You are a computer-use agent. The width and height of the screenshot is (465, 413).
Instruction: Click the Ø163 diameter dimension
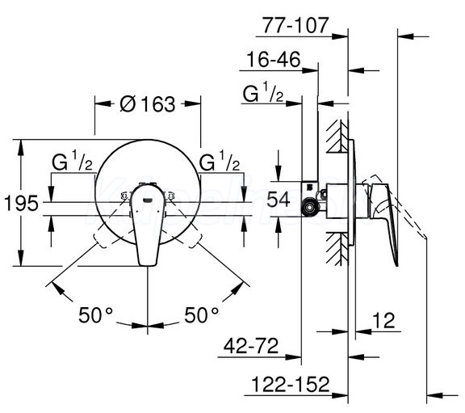click(x=148, y=104)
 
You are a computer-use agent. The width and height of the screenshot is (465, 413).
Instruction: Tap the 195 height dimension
click(x=21, y=204)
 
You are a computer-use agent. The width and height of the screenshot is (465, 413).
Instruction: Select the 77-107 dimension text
click(x=295, y=25)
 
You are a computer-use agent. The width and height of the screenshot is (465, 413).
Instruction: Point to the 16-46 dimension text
click(x=274, y=59)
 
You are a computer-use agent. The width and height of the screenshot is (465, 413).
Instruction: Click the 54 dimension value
click(x=279, y=199)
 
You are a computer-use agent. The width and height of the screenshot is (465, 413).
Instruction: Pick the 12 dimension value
click(x=383, y=320)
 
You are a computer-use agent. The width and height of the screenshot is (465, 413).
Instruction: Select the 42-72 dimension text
click(x=251, y=346)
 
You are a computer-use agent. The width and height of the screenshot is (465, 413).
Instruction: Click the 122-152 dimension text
click(x=291, y=384)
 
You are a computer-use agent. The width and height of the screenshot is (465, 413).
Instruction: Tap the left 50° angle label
click(x=95, y=315)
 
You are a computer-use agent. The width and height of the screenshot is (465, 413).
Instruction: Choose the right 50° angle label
click(x=201, y=315)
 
